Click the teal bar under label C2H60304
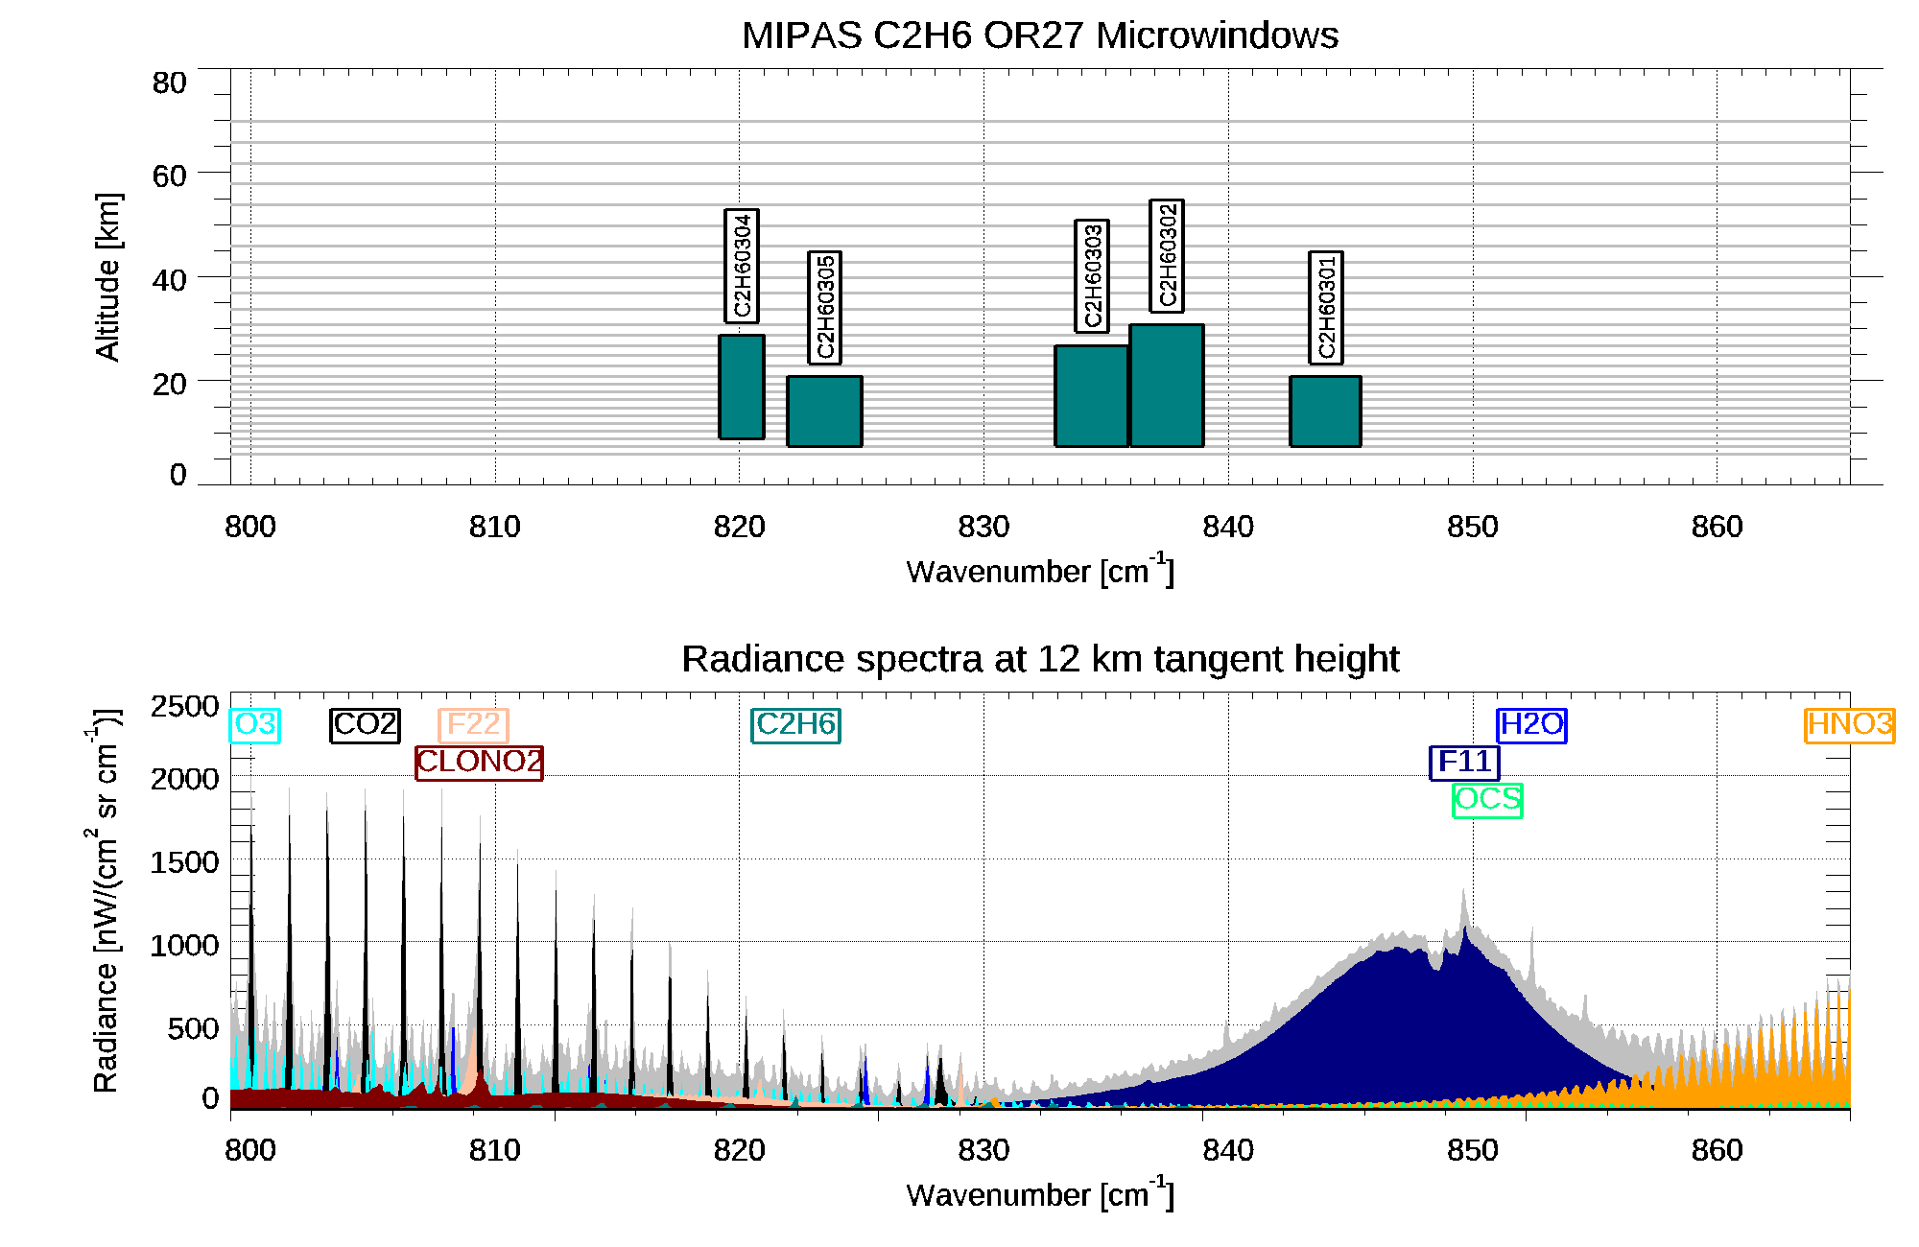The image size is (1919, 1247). point(742,387)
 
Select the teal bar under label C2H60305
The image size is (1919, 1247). point(824,411)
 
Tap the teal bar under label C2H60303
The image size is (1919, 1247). point(1091,395)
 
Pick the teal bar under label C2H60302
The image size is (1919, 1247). point(1166,385)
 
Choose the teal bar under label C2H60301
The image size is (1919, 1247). point(1325,411)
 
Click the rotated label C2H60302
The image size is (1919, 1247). point(1167,256)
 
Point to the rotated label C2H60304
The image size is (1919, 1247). point(742,266)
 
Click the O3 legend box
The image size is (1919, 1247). point(255,724)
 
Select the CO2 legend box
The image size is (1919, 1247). point(365,724)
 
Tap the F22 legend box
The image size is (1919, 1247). point(473,724)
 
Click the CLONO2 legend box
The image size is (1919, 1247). point(479,763)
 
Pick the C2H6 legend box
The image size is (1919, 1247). point(795,724)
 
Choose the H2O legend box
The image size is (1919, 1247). point(1531,724)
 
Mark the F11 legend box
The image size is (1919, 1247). point(1464,763)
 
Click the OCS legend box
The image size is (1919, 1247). point(1487,800)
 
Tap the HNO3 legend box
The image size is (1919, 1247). point(1849,724)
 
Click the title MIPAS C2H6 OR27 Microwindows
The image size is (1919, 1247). point(1039,35)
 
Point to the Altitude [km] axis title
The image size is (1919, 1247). point(107,276)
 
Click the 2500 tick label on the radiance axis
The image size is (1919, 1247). point(184,707)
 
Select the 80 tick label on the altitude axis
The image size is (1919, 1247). point(169,83)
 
